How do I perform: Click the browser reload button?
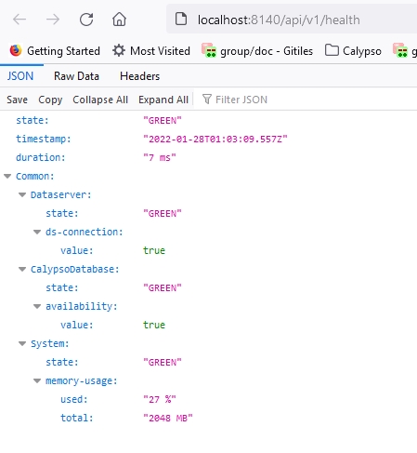click(x=86, y=20)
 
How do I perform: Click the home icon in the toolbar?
click(x=119, y=20)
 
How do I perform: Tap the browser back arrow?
click(x=20, y=20)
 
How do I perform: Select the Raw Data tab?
click(x=76, y=76)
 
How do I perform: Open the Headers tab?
click(x=140, y=76)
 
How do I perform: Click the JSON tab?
click(x=20, y=76)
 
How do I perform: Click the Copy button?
click(x=50, y=100)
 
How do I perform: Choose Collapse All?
click(x=100, y=100)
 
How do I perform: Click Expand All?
click(x=163, y=100)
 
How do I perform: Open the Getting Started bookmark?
click(x=55, y=51)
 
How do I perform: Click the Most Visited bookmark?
click(x=151, y=51)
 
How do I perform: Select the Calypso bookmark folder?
click(x=353, y=51)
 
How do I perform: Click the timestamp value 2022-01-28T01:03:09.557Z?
click(x=215, y=139)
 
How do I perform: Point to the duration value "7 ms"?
click(x=160, y=157)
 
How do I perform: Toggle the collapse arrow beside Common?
click(x=7, y=177)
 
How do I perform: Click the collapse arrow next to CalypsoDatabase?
click(x=22, y=270)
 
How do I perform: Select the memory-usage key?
click(x=82, y=381)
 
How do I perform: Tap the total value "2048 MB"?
click(x=168, y=418)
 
